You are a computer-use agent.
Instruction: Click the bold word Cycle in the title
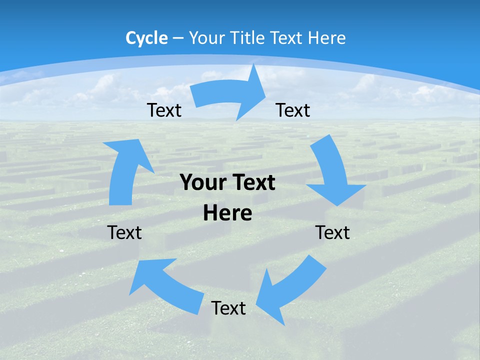click(x=146, y=38)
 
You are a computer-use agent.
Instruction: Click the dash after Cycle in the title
click(x=178, y=38)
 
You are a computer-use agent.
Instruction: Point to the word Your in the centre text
click(x=201, y=183)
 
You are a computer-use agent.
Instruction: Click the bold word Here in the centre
click(x=227, y=213)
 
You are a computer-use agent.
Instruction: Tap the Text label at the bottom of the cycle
click(x=228, y=308)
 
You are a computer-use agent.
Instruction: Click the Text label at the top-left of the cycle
click(x=164, y=110)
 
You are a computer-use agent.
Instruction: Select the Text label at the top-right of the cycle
click(x=293, y=110)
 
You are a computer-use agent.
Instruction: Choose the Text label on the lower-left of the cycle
click(x=124, y=232)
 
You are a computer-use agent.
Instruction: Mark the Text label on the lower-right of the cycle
click(x=332, y=232)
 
